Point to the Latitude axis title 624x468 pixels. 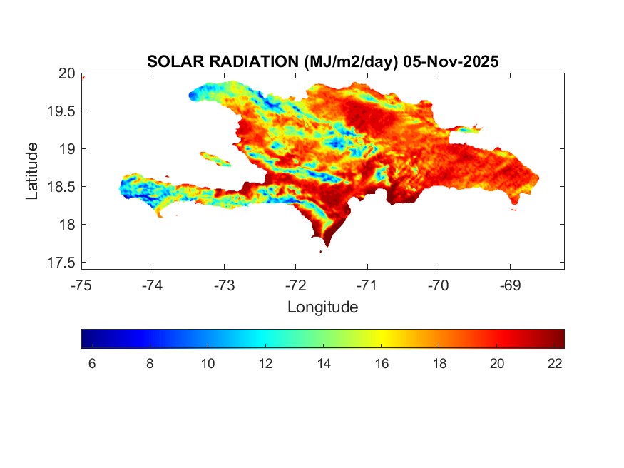pos(32,171)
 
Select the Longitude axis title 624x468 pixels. pos(322,307)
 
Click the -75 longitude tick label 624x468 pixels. pos(81,285)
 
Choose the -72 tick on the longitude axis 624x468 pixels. pos(296,285)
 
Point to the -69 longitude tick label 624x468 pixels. pos(510,285)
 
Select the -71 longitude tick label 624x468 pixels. pos(367,285)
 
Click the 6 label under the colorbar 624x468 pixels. pos(91,363)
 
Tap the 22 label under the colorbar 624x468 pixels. pos(556,363)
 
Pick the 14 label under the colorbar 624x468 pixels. pos(324,363)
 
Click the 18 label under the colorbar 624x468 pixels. pos(439,363)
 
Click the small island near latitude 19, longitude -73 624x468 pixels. pos(215,158)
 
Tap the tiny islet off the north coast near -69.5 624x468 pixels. pos(469,130)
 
